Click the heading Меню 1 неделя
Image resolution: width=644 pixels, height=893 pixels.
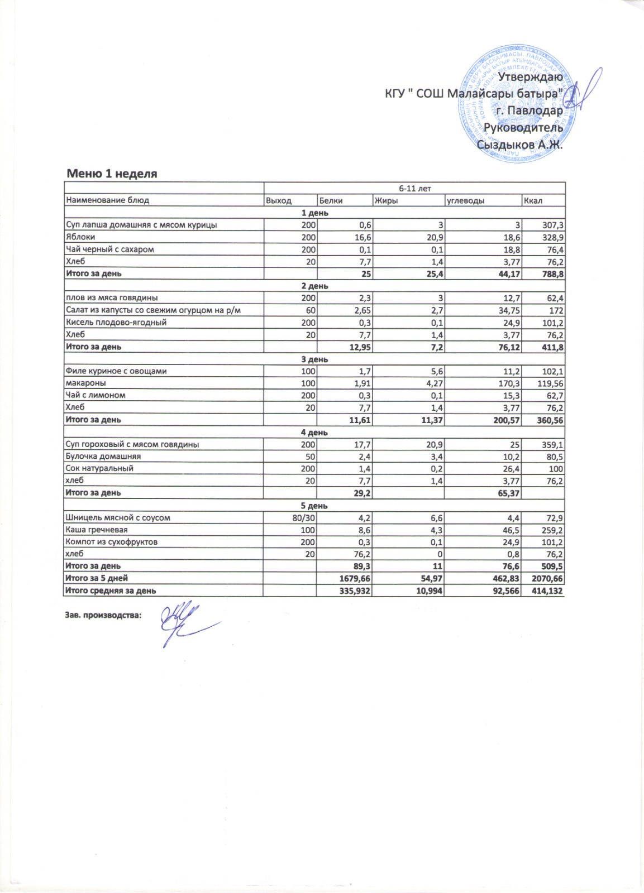[x=112, y=174]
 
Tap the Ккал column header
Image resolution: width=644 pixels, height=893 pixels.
[x=533, y=200]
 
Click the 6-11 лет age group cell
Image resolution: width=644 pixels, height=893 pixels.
[x=414, y=189]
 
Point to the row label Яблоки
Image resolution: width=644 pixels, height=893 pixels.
[x=80, y=237]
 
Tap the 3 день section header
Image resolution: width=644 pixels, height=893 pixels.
[x=314, y=359]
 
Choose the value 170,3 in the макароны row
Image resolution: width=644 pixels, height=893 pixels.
[x=508, y=383]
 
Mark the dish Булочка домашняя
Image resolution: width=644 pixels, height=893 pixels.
[x=103, y=457]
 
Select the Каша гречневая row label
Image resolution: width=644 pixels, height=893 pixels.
[x=96, y=530]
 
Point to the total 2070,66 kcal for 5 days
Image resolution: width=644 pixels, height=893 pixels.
[x=548, y=578]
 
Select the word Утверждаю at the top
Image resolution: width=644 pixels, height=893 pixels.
[x=530, y=76]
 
